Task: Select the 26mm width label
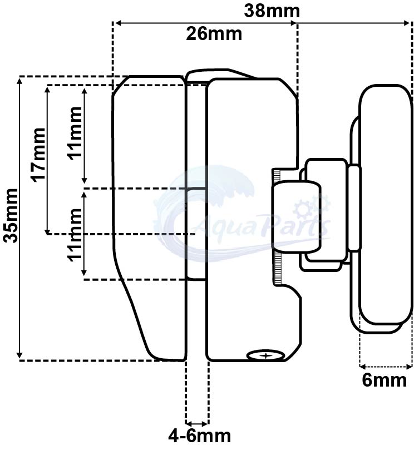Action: coord(214,34)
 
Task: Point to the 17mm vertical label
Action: coord(37,155)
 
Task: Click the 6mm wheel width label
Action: coord(385,382)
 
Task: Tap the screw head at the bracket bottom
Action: coord(266,354)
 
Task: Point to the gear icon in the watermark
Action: coord(305,209)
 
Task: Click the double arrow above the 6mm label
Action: coord(386,366)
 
